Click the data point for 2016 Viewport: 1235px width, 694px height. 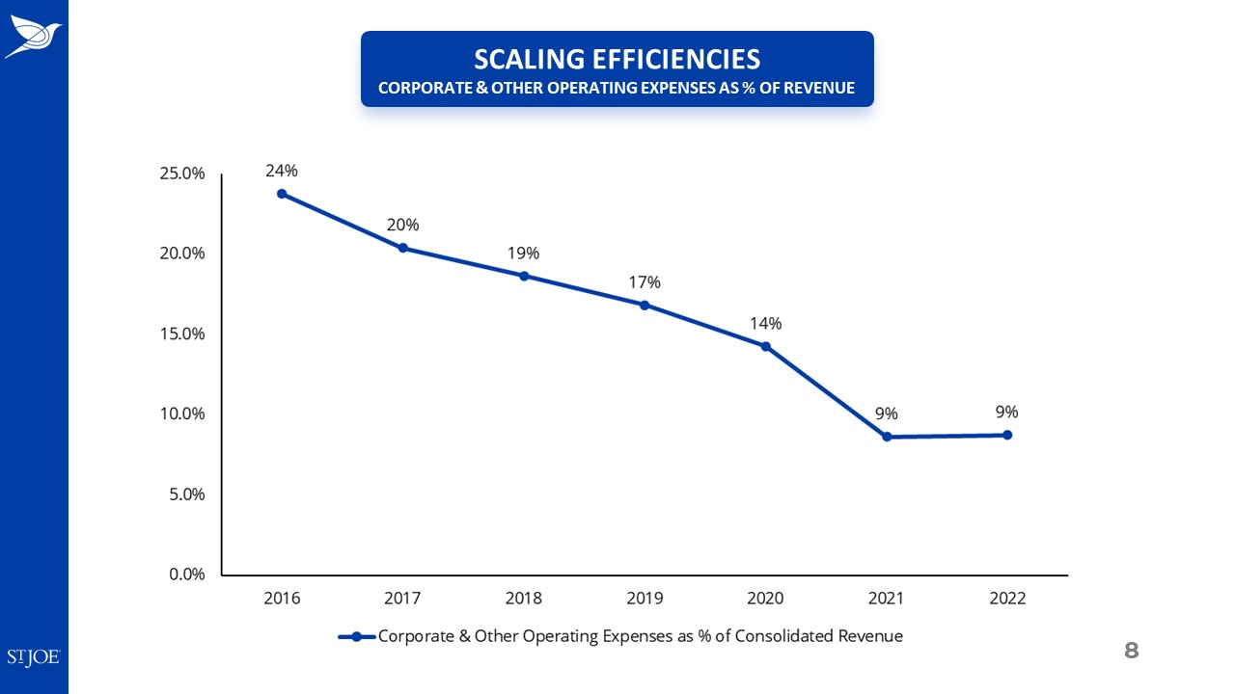pos(282,194)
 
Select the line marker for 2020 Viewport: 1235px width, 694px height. pos(765,346)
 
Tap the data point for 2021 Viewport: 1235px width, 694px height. pos(887,437)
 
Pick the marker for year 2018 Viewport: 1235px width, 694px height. pos(524,276)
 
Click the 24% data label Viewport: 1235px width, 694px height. pos(282,171)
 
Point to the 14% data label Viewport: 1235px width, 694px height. pos(765,323)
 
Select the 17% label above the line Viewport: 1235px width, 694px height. pos(645,282)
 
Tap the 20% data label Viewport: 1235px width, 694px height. pos(402,225)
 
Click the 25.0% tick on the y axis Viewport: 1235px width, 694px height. pos(182,173)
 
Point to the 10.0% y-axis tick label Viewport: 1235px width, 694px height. pos(182,414)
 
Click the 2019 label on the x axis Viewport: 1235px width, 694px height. pos(645,599)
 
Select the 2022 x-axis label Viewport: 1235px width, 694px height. pos(1007,599)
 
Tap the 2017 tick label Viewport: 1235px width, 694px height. pos(402,599)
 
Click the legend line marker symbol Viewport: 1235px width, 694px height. pos(356,636)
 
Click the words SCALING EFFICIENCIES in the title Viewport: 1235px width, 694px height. pos(617,59)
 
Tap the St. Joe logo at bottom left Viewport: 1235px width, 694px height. pos(34,657)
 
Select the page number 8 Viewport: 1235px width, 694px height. pos(1132,651)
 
